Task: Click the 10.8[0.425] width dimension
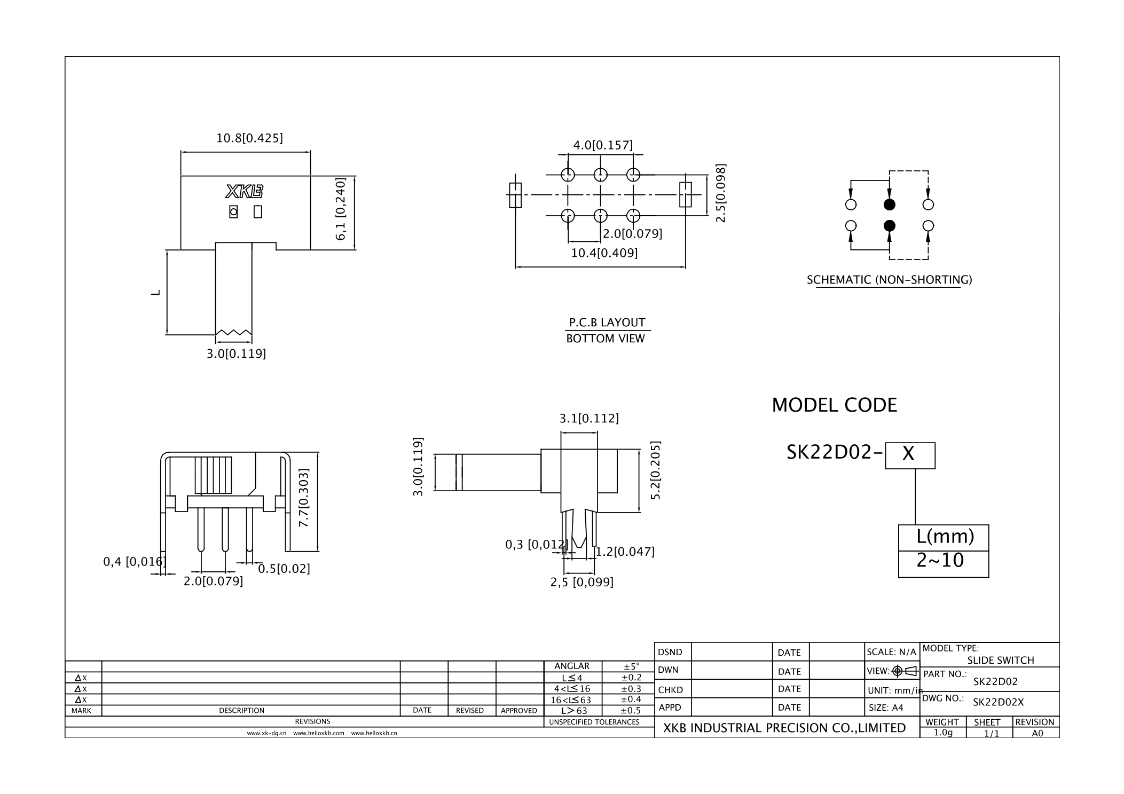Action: point(249,138)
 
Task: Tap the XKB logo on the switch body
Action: point(245,192)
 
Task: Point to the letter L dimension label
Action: point(155,293)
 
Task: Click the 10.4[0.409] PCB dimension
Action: point(604,253)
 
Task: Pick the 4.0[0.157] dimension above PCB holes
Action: point(603,145)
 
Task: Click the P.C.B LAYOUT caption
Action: point(607,323)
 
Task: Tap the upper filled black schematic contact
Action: point(889,205)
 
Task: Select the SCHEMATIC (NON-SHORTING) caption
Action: point(889,280)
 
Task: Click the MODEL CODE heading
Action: point(834,405)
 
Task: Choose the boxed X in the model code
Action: point(910,455)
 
